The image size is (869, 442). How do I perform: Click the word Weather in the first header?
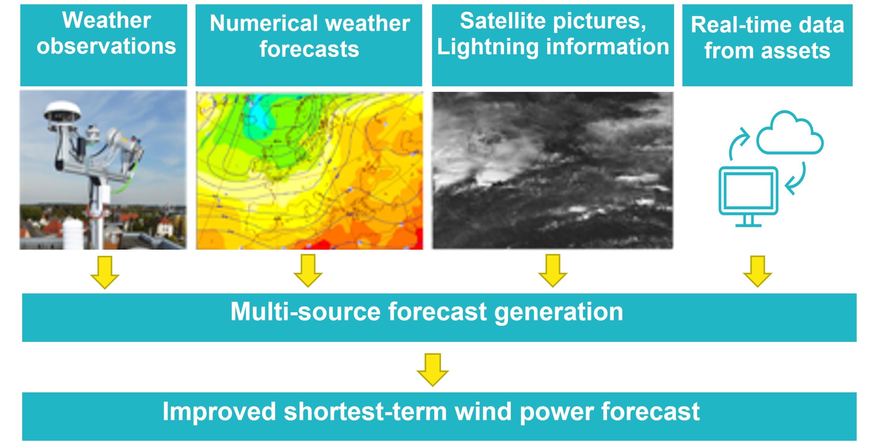coord(107,20)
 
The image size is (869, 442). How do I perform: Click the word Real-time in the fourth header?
coord(740,25)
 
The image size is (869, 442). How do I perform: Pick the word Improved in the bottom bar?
coord(219,411)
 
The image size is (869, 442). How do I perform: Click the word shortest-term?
coord(365,411)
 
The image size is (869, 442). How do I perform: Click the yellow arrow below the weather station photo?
coord(105,273)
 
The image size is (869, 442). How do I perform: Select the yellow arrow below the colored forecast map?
coord(308,271)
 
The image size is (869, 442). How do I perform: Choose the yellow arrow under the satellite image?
coord(553,271)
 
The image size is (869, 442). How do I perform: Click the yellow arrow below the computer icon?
coord(758,272)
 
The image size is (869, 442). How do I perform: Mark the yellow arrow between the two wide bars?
coord(433,370)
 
